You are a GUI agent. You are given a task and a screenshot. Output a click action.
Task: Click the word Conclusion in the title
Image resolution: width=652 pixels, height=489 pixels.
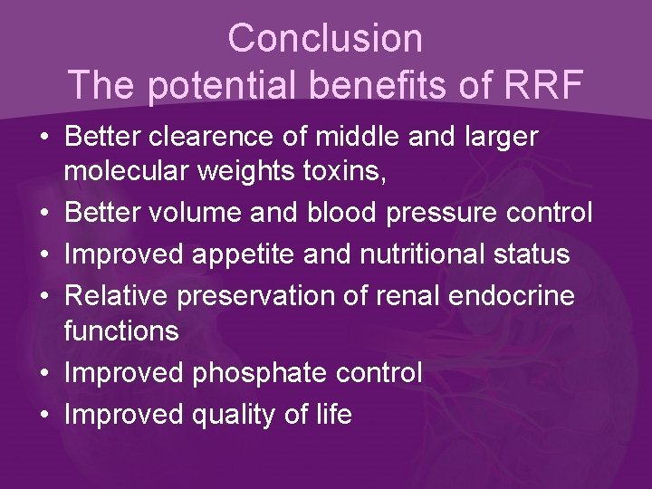tap(325, 38)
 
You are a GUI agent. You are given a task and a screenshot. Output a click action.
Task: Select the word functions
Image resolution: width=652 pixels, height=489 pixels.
tap(121, 331)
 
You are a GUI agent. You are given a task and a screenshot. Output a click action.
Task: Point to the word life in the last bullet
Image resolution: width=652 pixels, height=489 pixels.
tap(330, 414)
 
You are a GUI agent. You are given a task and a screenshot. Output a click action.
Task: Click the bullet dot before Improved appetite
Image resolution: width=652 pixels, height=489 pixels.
tap(43, 255)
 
